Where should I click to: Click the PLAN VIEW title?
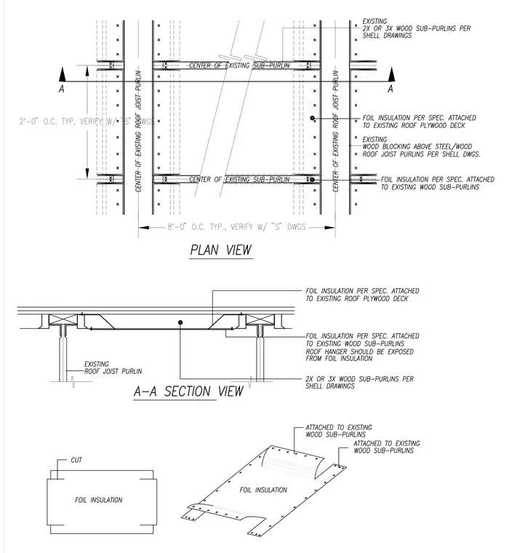[221, 250]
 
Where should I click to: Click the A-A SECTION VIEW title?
[188, 391]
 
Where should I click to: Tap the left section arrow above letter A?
[63, 75]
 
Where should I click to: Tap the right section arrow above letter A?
[392, 75]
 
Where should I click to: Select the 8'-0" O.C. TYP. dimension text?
[236, 227]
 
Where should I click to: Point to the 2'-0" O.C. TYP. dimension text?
[87, 122]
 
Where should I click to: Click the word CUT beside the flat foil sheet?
[76, 460]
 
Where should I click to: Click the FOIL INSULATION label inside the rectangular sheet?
[99, 500]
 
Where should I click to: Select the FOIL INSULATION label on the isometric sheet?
[263, 490]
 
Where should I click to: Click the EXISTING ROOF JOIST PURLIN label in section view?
[113, 367]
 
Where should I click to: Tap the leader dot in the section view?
[180, 322]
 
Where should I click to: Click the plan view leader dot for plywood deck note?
[313, 118]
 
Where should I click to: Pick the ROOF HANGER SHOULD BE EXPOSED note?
[359, 355]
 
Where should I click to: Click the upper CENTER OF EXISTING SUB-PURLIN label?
[239, 65]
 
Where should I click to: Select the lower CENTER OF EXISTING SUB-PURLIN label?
[239, 180]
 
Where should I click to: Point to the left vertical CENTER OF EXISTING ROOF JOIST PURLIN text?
[139, 131]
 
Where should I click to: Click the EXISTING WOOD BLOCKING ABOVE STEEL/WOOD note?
[421, 147]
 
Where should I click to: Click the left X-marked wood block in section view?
[63, 320]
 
